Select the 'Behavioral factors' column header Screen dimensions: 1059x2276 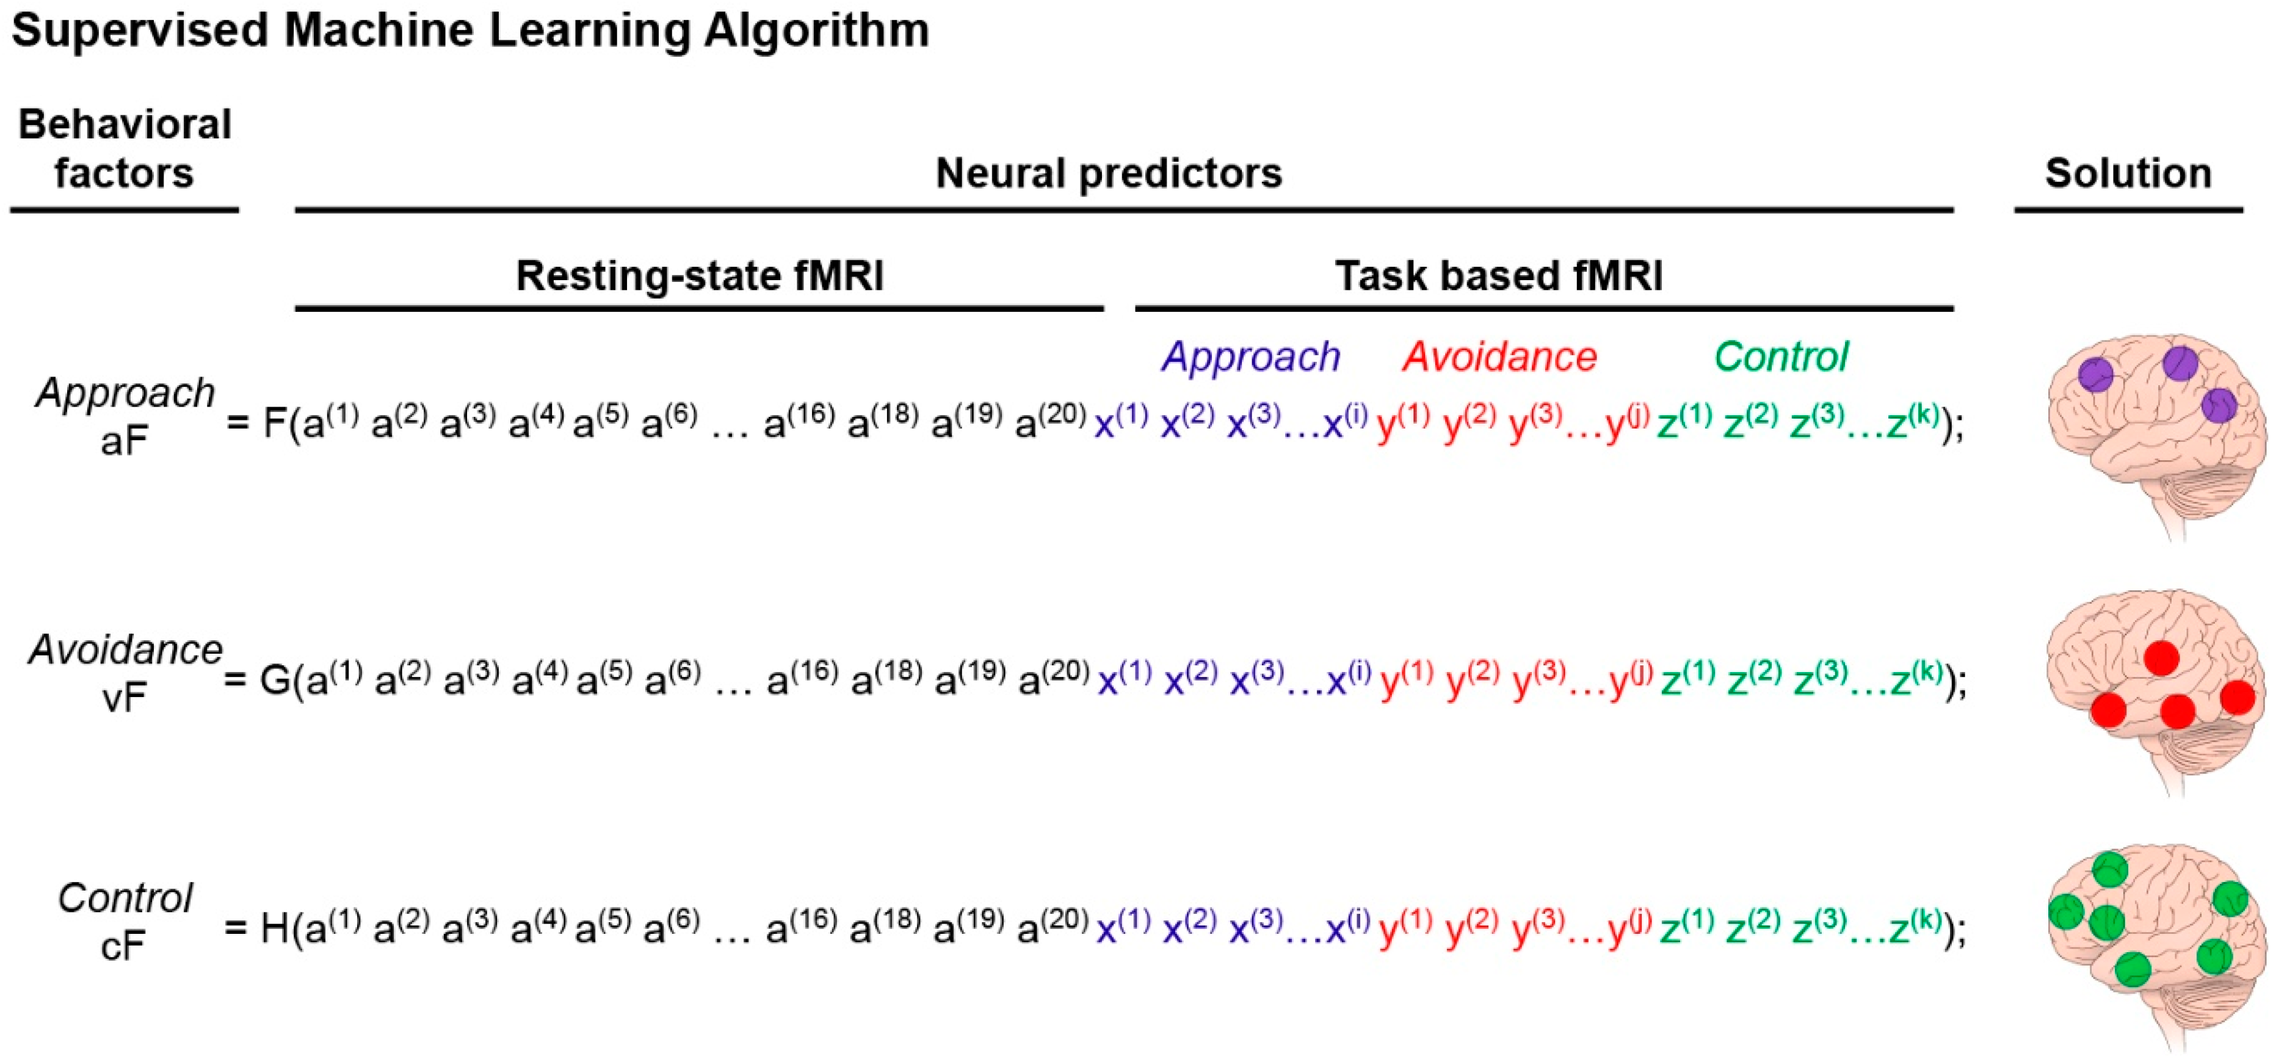click(125, 148)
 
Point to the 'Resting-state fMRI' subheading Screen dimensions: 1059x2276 click(699, 275)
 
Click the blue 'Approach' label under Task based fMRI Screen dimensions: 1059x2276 click(1250, 357)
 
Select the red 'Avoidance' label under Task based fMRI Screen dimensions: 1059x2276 click(1499, 357)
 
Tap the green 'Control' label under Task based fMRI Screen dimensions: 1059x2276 click(1780, 357)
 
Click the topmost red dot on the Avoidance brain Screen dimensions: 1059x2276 click(2161, 658)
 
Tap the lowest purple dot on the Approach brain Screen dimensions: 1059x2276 click(2219, 407)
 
